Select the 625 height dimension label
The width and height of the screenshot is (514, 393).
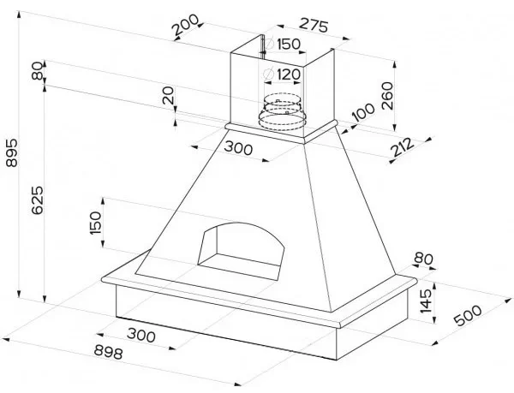point(35,199)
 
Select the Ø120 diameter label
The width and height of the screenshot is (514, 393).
point(284,74)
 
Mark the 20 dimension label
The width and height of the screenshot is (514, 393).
point(170,96)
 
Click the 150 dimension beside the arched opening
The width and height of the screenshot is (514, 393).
point(97,223)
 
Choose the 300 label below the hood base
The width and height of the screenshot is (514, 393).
point(140,335)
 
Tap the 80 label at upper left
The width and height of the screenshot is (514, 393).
point(37,72)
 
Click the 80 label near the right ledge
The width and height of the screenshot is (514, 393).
point(421,259)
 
